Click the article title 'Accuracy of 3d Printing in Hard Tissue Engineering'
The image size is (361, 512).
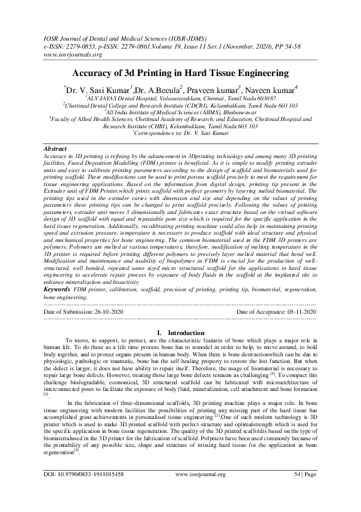180,74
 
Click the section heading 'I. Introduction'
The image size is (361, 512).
181,333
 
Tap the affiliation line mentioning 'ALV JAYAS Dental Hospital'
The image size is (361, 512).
181,98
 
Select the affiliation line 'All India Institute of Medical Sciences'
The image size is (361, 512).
181,112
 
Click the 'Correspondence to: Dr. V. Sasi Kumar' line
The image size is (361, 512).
181,133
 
